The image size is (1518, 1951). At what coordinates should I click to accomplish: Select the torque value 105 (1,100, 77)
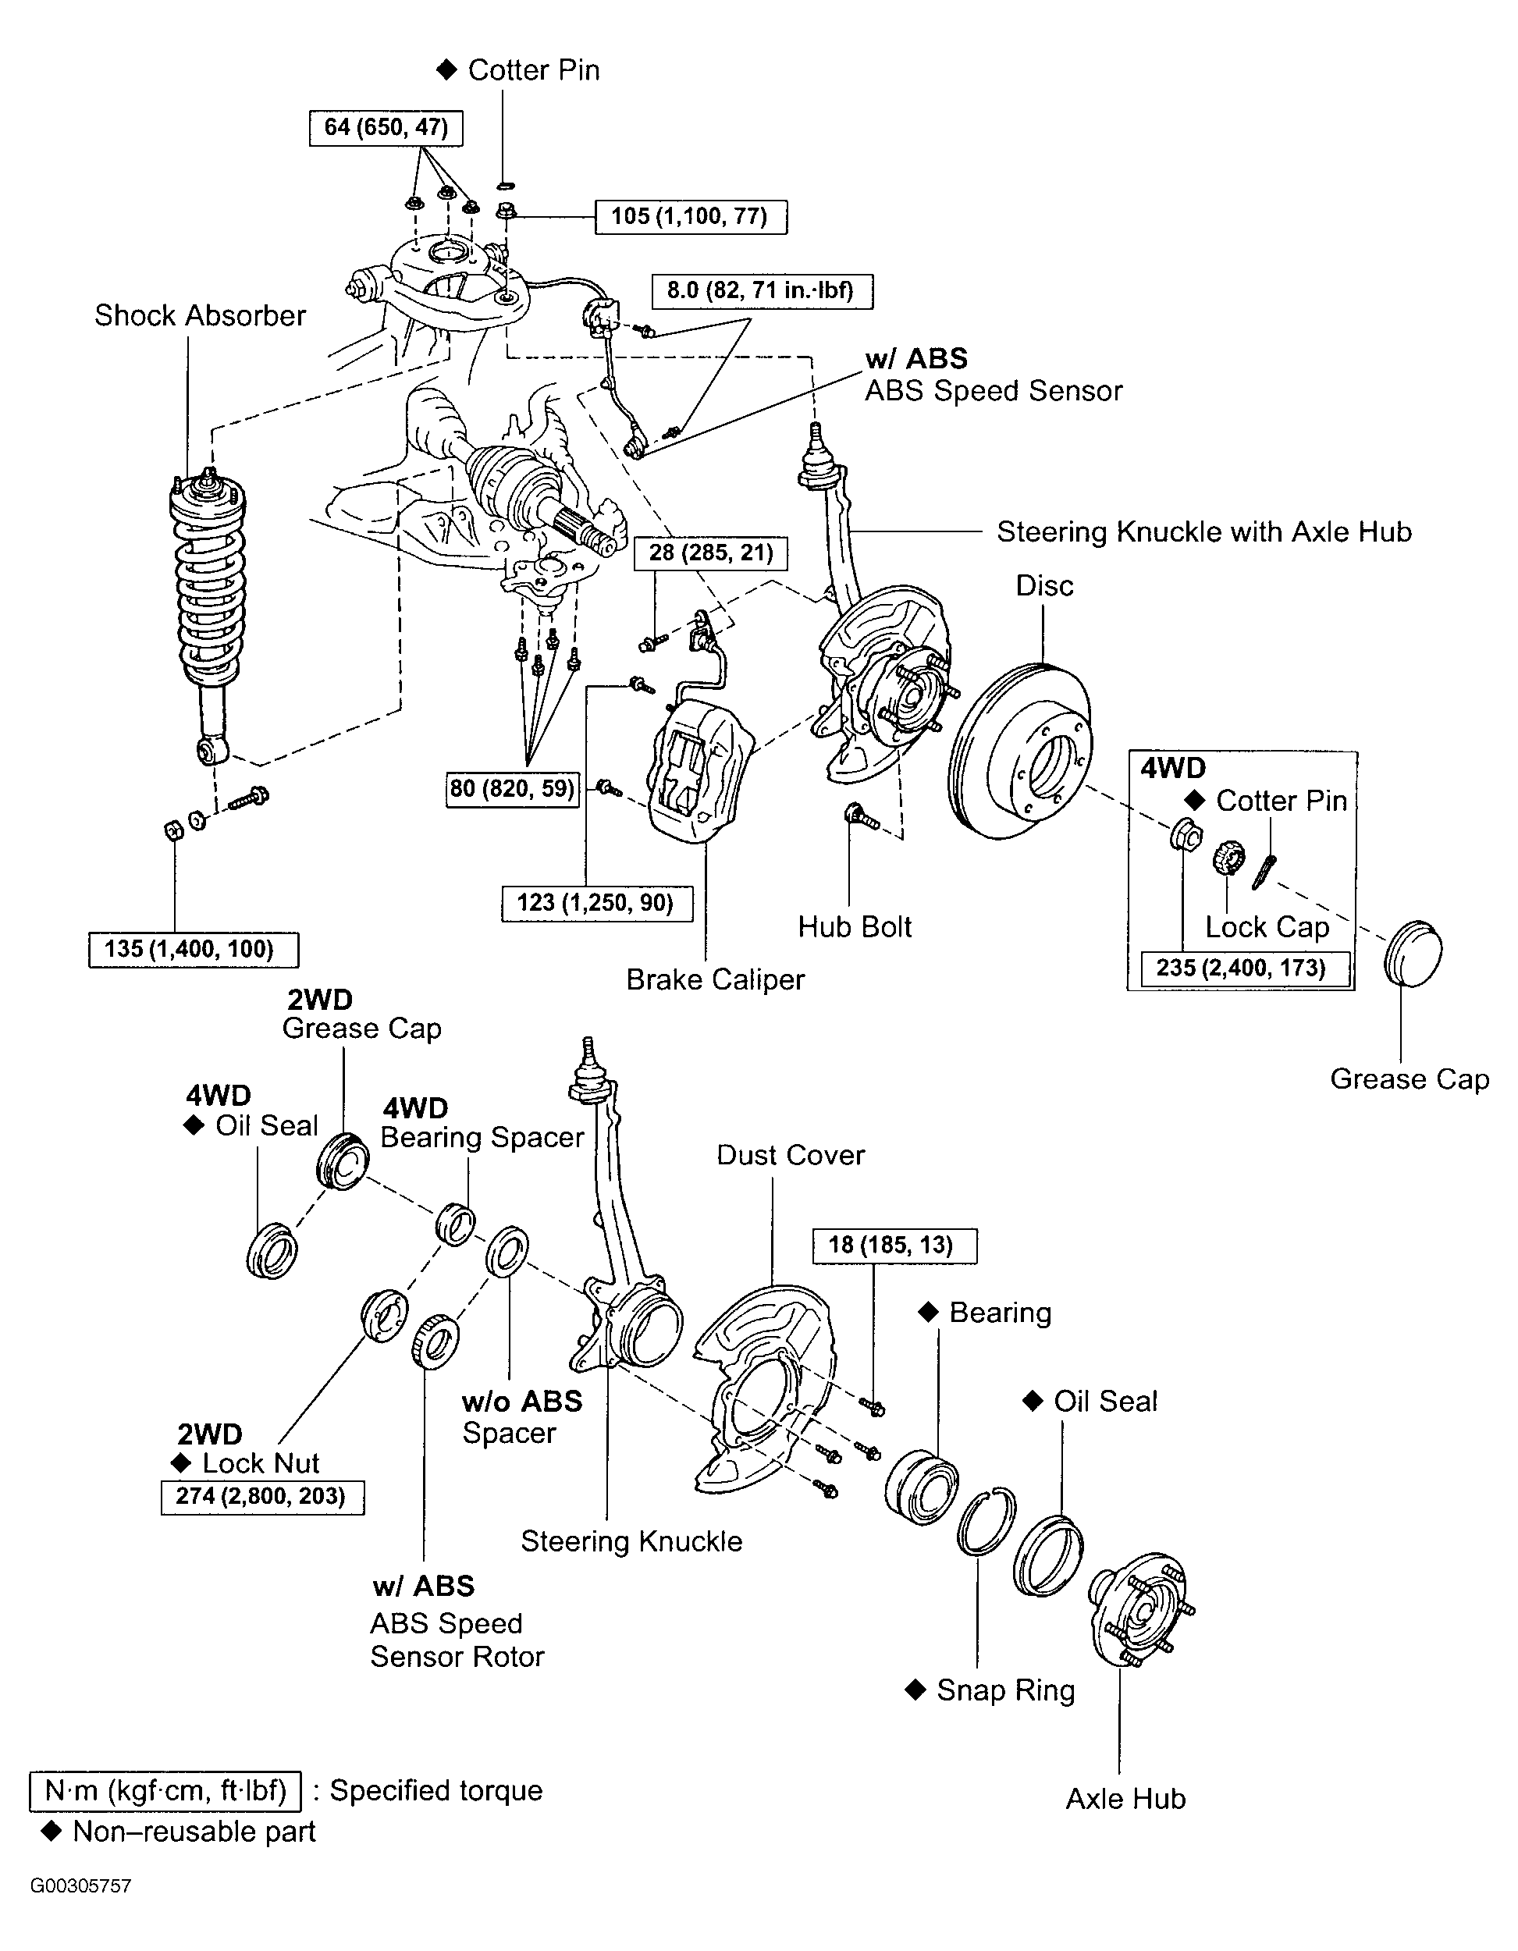point(691,217)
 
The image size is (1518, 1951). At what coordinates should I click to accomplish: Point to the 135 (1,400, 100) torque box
point(194,950)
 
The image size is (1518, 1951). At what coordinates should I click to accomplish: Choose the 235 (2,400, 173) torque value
point(1241,968)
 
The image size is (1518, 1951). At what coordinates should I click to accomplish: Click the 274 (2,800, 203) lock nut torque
point(263,1496)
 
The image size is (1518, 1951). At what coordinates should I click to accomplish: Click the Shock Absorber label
point(200,315)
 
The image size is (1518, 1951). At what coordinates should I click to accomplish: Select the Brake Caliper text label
point(716,979)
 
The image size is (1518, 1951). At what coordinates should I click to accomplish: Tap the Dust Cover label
point(791,1155)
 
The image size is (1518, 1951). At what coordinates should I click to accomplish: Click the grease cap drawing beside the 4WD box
point(1413,952)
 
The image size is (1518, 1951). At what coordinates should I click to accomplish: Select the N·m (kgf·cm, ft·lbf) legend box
point(165,1791)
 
